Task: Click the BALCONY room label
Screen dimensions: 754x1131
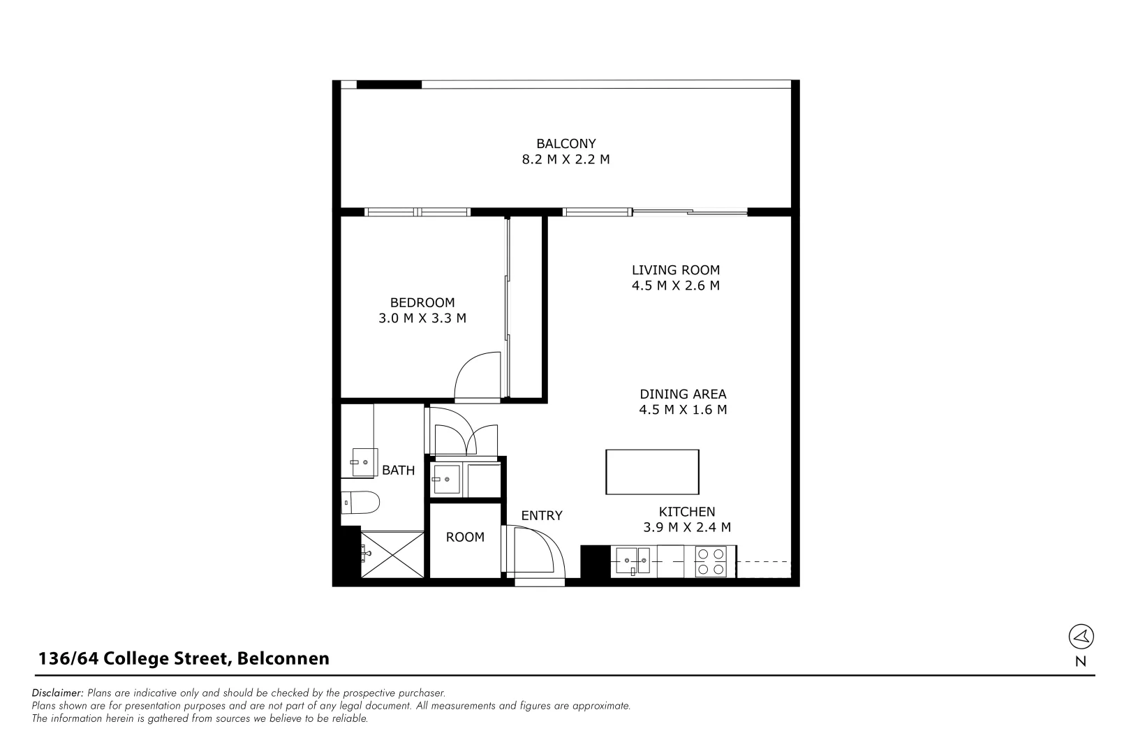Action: tap(565, 144)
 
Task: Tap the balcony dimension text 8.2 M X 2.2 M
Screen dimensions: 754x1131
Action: tap(565, 159)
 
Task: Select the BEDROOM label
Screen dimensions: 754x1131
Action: tap(422, 302)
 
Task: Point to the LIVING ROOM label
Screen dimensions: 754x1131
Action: tap(675, 269)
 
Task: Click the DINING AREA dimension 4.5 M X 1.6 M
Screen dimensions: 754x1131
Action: tap(683, 410)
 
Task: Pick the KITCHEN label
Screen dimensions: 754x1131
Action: tap(687, 512)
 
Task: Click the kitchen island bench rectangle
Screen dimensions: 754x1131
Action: tap(652, 473)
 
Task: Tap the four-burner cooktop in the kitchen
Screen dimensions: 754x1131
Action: tap(710, 562)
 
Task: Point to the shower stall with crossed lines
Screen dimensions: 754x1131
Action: tap(392, 554)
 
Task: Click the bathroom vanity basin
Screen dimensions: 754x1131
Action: tap(364, 462)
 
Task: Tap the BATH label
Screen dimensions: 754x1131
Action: tap(398, 471)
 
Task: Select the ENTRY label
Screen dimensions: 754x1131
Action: tap(541, 516)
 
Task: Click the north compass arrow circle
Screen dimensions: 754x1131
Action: tap(1081, 636)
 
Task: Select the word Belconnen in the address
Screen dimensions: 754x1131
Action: tap(283, 658)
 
